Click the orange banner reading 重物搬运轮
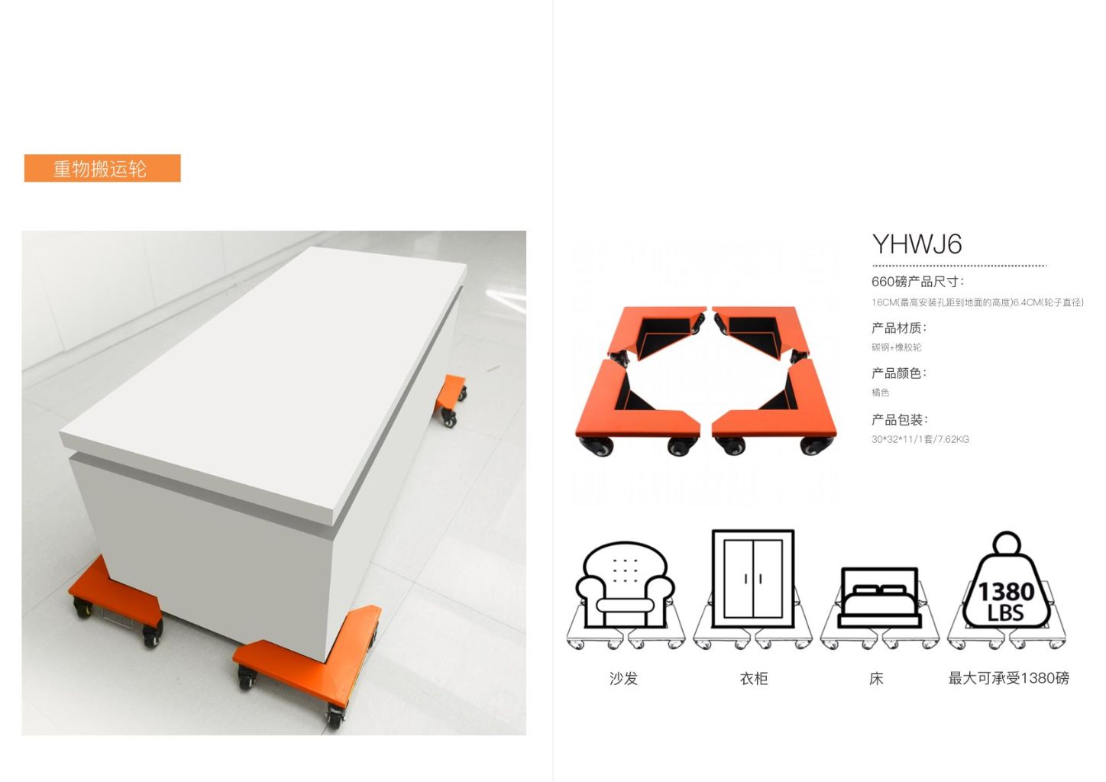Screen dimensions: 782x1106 pyautogui.click(x=102, y=168)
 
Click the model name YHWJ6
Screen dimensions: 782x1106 pyautogui.click(x=917, y=244)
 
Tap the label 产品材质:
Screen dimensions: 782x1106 pyautogui.click(x=899, y=328)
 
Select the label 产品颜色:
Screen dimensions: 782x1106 pyautogui.click(x=899, y=373)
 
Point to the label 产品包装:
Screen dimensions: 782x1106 pyautogui.click(x=899, y=420)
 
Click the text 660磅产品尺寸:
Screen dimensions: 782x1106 pyautogui.click(x=917, y=282)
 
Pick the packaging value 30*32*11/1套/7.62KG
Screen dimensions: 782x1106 pyautogui.click(x=920, y=439)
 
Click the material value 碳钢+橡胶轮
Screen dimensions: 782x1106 pyautogui.click(x=896, y=347)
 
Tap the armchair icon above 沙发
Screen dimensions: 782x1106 pyautogui.click(x=624, y=585)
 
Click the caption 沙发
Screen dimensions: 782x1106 pyautogui.click(x=623, y=678)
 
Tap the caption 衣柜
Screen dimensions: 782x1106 pyautogui.click(x=753, y=678)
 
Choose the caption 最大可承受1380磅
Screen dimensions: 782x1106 pyautogui.click(x=1008, y=678)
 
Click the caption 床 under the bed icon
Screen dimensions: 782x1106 pyautogui.click(x=876, y=678)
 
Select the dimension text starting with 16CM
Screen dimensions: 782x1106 pyautogui.click(x=977, y=302)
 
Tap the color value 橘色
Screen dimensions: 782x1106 pyautogui.click(x=880, y=393)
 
